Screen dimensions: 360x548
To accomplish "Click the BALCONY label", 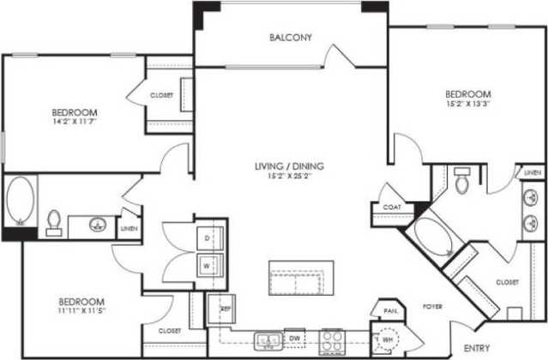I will [290, 38].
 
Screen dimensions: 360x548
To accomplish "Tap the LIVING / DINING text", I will [290, 165].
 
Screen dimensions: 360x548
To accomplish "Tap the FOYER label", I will [431, 305].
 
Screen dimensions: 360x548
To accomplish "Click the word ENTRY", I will [476, 348].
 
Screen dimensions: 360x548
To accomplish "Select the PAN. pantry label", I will [389, 310].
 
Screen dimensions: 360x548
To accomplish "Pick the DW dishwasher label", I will [293, 339].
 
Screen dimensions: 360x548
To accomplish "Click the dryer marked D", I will [208, 236].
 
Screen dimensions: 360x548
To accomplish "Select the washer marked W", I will [208, 264].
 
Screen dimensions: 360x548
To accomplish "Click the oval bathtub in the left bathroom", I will [19, 199].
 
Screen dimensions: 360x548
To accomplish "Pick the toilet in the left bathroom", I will [53, 223].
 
